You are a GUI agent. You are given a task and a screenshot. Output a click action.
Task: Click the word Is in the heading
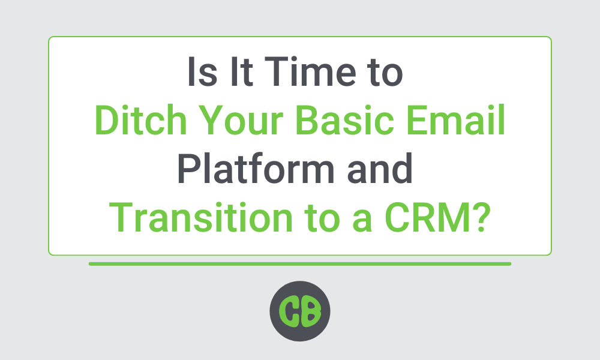[x=202, y=71]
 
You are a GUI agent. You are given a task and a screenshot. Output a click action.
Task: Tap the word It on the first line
[x=241, y=71]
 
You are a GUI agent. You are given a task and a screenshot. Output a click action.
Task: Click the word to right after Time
[x=386, y=73]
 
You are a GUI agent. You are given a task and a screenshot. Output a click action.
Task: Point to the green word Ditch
[x=140, y=120]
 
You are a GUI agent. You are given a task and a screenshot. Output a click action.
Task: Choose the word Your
[x=241, y=120]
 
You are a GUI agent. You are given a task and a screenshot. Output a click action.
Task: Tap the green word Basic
[x=344, y=120]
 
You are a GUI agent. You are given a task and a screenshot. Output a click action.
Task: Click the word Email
[x=456, y=120]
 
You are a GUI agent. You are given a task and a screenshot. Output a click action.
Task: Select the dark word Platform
[x=256, y=169]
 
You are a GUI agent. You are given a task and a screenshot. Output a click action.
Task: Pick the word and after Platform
[x=380, y=169]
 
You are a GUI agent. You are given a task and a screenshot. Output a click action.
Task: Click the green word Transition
[x=201, y=217]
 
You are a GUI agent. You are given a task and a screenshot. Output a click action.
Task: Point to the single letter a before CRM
[x=362, y=221]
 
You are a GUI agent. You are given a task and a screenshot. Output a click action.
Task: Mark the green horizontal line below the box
[x=300, y=264]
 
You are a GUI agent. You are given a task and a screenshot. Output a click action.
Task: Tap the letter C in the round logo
[x=290, y=311]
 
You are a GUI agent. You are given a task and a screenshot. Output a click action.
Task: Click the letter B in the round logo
[x=311, y=311]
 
